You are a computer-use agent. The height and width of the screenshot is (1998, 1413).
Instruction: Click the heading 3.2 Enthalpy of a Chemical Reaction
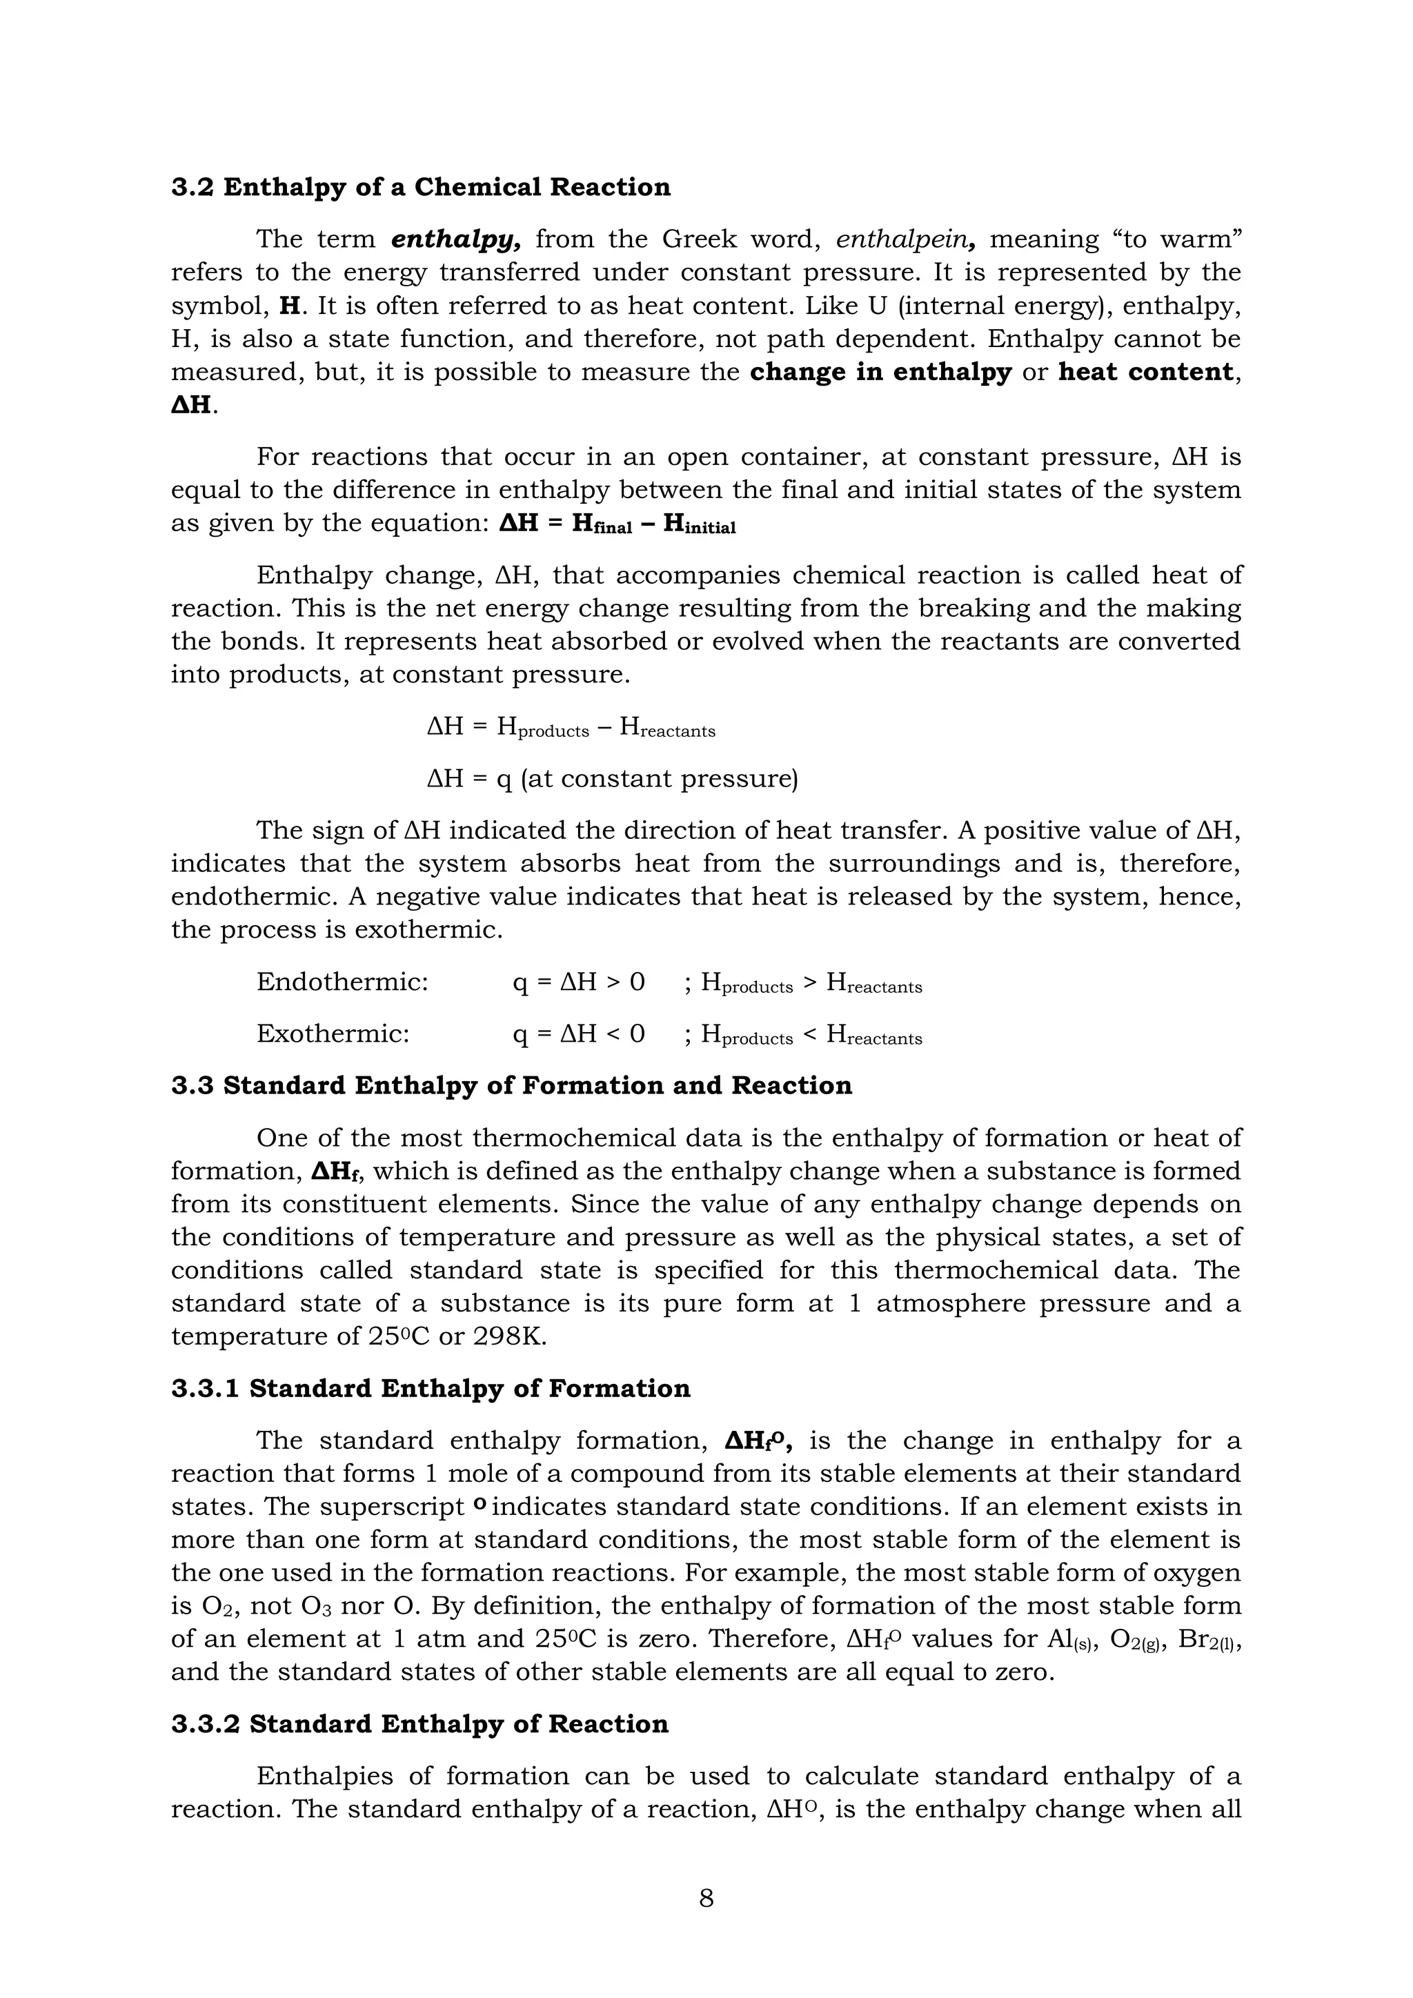point(420,187)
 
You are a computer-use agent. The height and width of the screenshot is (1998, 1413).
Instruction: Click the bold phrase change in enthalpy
point(880,373)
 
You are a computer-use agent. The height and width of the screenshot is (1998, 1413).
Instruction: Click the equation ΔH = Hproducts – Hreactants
point(571,726)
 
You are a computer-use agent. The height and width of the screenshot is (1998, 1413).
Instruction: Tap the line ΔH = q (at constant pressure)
point(612,778)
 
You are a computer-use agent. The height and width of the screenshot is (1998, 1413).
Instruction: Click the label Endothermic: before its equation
point(342,982)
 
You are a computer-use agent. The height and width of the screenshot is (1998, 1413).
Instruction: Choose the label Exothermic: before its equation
point(333,1033)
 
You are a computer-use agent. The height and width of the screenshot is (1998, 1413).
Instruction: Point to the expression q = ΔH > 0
point(579,982)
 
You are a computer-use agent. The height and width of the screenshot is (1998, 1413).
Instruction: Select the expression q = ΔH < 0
point(579,1033)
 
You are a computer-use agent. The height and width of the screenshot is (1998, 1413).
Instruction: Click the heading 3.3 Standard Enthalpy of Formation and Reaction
point(512,1086)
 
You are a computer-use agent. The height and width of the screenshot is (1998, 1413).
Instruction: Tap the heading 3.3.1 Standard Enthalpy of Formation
point(431,1389)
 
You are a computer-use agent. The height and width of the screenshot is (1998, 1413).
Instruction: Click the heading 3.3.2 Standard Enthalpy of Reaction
point(419,1725)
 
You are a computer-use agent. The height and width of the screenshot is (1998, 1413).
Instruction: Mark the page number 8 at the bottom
point(706,1898)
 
